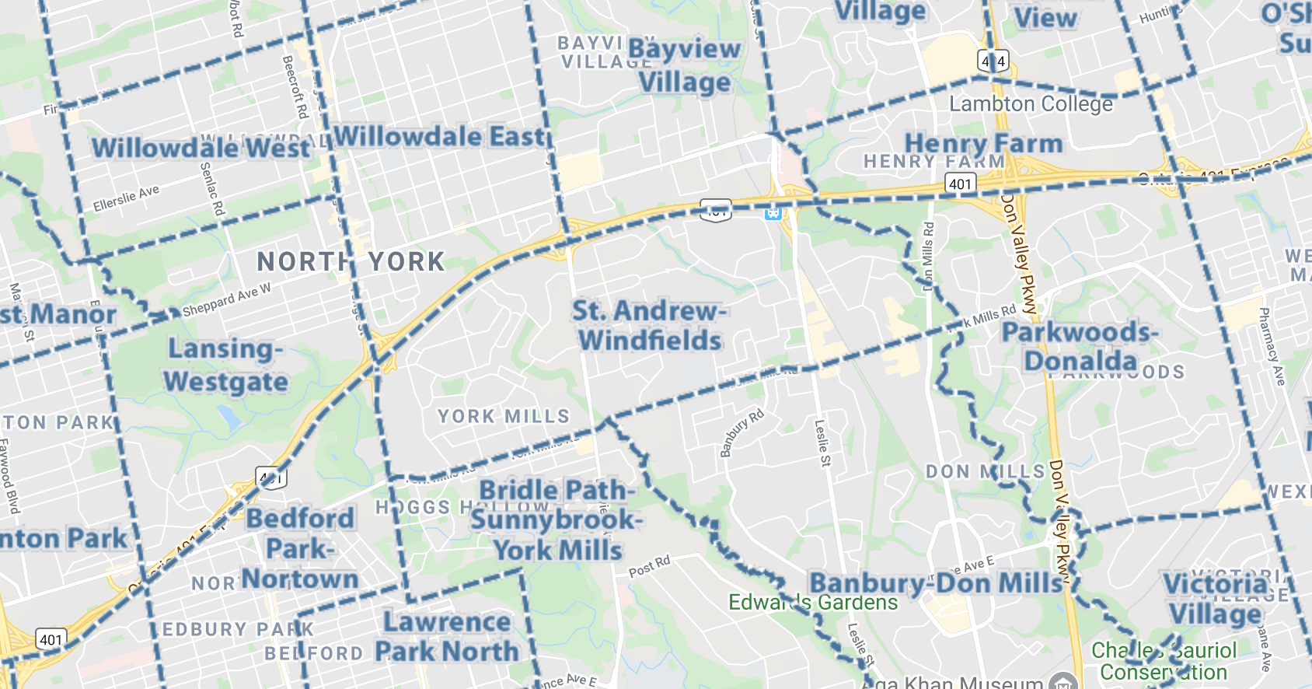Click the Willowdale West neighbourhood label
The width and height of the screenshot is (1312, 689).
pyautogui.click(x=201, y=147)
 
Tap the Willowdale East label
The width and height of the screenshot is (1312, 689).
pyautogui.click(x=440, y=137)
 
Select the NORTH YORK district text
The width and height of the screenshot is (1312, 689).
pyautogui.click(x=351, y=262)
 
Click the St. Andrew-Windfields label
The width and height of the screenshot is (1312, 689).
pyautogui.click(x=650, y=326)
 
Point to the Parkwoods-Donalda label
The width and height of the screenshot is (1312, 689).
pyautogui.click(x=1080, y=347)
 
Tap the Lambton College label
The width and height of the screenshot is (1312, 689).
pyautogui.click(x=1031, y=104)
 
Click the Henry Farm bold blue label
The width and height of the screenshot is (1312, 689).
pyautogui.click(x=983, y=143)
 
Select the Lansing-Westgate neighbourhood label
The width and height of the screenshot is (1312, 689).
pyautogui.click(x=225, y=365)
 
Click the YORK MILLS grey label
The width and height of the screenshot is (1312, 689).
pyautogui.click(x=503, y=417)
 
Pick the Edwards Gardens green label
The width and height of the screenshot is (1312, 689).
pyautogui.click(x=812, y=603)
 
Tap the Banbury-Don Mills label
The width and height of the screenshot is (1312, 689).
pyautogui.click(x=935, y=583)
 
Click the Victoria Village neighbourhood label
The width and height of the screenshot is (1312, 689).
pyautogui.click(x=1216, y=599)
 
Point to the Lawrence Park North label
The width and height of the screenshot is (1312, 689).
pyautogui.click(x=447, y=636)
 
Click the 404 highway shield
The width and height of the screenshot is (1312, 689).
pyautogui.click(x=993, y=61)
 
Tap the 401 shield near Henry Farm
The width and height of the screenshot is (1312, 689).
pyautogui.click(x=960, y=184)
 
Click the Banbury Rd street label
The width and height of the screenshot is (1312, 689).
pyautogui.click(x=741, y=433)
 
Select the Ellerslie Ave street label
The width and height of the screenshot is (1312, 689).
pyautogui.click(x=126, y=198)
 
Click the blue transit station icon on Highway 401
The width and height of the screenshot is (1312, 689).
pyautogui.click(x=773, y=212)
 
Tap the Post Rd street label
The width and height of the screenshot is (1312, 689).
pyautogui.click(x=649, y=567)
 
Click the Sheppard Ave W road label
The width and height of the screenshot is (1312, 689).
pyautogui.click(x=227, y=300)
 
